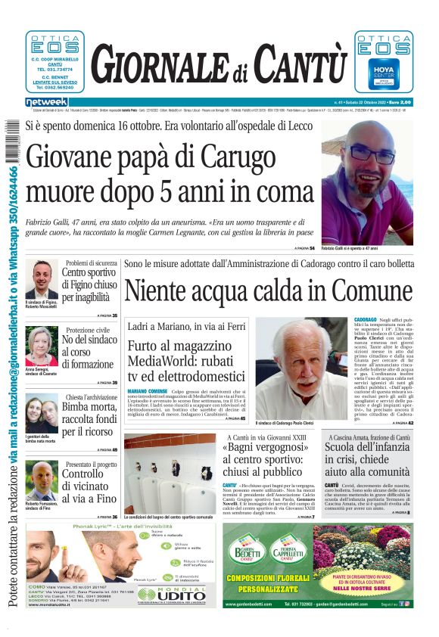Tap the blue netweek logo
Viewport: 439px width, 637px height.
click(x=46, y=102)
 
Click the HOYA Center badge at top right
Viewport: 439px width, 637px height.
click(x=385, y=73)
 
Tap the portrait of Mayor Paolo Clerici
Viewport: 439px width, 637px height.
click(x=301, y=371)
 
